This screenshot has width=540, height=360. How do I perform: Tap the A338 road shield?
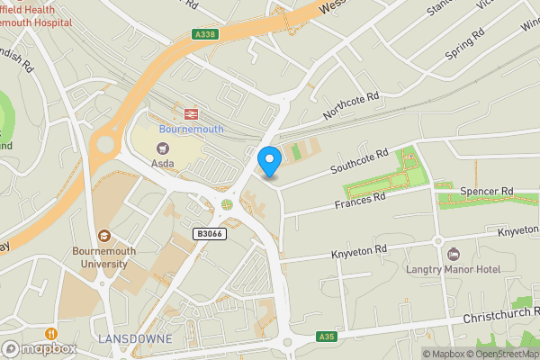pos(204,35)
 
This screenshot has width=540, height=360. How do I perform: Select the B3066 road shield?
pos(209,233)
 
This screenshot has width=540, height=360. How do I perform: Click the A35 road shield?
pos(326,337)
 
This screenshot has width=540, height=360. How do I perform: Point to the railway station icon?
pos(191,113)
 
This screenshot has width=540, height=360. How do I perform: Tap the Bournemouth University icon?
pos(104,236)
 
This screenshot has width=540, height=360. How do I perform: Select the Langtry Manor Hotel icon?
pos(453,253)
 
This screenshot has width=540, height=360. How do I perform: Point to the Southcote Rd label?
pos(358,162)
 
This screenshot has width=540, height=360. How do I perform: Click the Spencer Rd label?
pos(486,192)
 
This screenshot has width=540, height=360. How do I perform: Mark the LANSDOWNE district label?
pos(132,337)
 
